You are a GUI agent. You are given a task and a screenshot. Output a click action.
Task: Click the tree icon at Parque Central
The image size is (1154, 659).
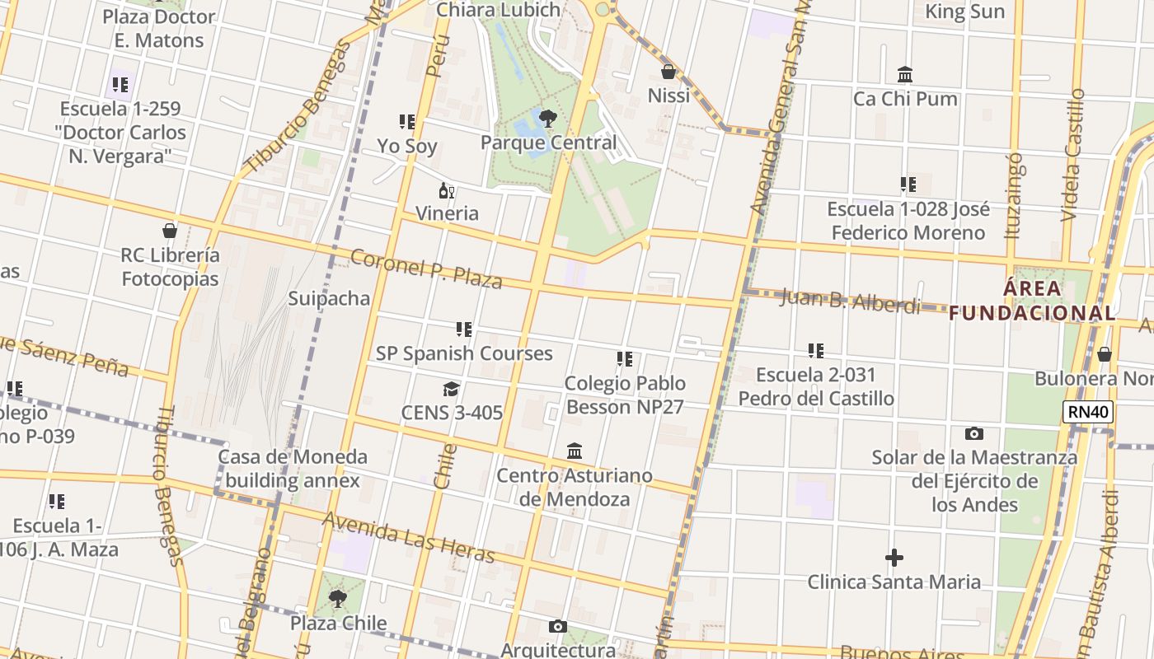coord(547,119)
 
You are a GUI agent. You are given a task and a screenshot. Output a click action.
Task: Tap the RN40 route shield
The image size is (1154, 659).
coord(1088,412)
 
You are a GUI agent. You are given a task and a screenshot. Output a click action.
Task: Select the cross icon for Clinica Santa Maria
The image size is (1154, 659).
coord(894,559)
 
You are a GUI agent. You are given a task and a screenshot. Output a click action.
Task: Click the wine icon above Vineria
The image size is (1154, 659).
coord(447,191)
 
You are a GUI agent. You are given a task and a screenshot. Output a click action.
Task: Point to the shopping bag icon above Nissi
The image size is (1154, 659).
coord(668,72)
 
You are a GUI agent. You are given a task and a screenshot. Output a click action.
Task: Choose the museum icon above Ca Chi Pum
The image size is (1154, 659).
coord(905,75)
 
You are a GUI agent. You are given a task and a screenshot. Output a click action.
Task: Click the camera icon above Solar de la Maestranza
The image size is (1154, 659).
coord(973,433)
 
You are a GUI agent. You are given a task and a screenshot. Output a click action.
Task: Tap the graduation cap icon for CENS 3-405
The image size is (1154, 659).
coord(451,389)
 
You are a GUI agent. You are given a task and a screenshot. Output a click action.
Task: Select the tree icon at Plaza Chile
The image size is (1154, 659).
coord(337,599)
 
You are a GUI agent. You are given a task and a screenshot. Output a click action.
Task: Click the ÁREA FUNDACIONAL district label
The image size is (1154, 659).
coord(1033,301)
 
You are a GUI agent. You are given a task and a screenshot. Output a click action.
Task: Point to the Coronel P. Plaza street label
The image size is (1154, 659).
coord(426,269)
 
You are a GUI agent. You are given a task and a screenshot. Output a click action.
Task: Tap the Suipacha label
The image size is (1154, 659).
coord(329,298)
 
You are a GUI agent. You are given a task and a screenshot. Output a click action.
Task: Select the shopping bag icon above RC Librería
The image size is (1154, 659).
coord(170,231)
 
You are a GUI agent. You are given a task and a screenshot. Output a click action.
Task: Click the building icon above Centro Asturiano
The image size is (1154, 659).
coord(575,451)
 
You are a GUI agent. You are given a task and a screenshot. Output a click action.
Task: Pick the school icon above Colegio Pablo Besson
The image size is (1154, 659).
coord(625,360)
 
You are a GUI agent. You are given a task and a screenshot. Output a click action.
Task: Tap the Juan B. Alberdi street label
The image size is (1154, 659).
coord(850,301)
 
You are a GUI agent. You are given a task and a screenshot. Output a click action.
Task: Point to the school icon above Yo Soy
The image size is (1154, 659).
coord(406,123)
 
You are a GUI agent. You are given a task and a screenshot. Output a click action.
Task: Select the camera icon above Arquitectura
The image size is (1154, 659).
coord(558,627)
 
